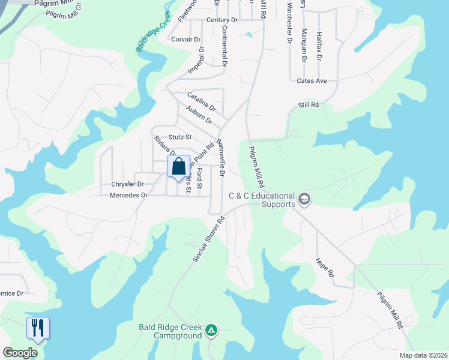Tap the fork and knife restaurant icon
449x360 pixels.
pos(37,328)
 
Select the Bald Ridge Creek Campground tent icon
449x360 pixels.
pos(211,330)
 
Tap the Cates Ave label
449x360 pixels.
pos(312,80)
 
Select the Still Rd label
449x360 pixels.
pos(308,104)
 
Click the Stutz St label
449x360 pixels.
pos(179,137)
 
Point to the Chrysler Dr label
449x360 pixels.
pos(127,184)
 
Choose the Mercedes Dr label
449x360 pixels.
pos(128,195)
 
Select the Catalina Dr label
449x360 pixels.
pos(201,100)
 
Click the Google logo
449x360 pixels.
pos(20,352)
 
